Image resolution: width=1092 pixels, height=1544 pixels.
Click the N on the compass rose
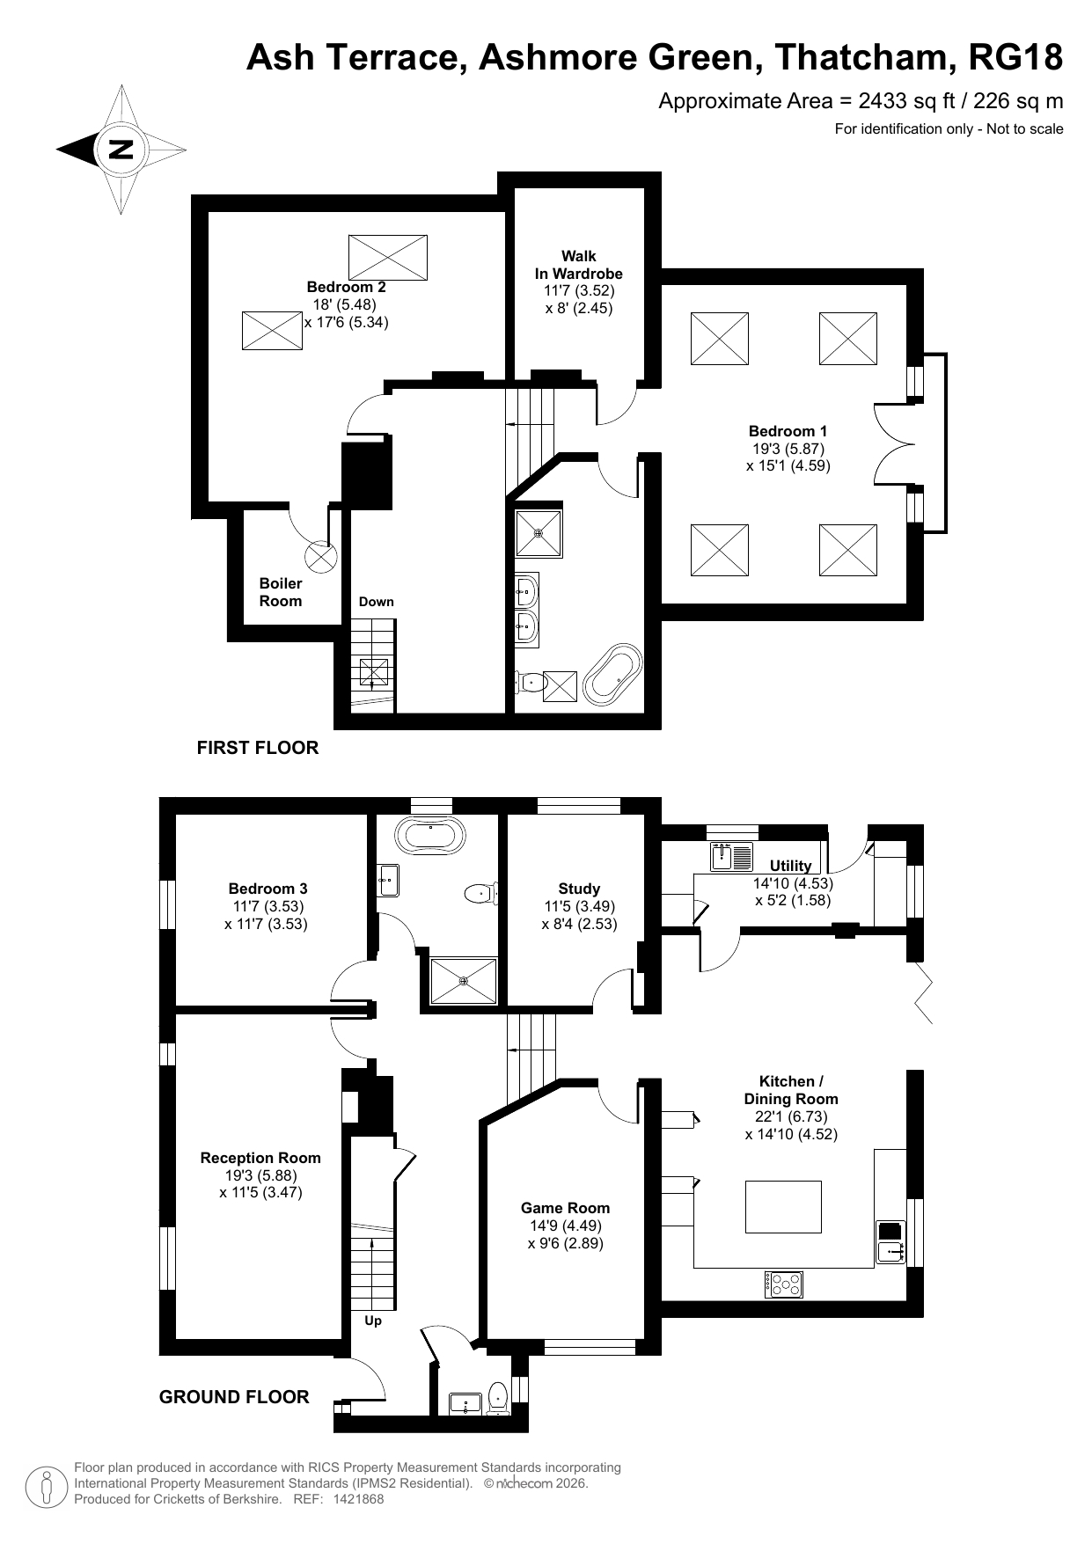point(121,150)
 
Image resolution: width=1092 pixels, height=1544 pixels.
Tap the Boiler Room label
point(281,592)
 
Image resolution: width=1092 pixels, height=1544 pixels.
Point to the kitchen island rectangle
point(783,1207)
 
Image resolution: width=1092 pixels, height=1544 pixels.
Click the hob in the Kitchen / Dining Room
point(783,1284)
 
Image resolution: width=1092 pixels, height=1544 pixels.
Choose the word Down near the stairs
point(377,602)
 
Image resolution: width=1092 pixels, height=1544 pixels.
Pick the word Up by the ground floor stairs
point(373,1321)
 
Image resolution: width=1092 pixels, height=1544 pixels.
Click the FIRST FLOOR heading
point(258,748)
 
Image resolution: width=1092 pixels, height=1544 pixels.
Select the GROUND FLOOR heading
point(234,1397)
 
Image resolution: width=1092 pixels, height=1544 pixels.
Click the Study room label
point(579,889)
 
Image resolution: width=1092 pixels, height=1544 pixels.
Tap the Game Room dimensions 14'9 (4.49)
point(565,1226)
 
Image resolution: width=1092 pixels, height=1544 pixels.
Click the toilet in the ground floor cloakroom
point(498,1398)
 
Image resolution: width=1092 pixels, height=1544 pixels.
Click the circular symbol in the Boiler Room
point(321,556)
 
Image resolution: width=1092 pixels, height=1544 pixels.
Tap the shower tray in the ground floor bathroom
point(464,981)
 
